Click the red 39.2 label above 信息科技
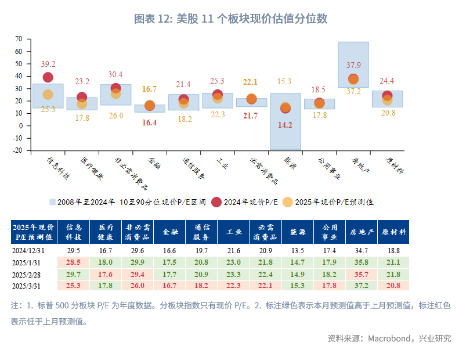click(x=48, y=64)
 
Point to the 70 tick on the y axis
click(x=19, y=39)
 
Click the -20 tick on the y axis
click(x=17, y=150)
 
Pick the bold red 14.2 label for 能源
click(x=285, y=125)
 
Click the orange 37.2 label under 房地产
click(x=354, y=91)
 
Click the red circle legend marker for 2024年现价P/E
click(x=216, y=202)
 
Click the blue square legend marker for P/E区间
click(x=52, y=202)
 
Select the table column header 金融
click(x=171, y=231)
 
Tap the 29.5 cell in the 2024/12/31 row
click(x=74, y=250)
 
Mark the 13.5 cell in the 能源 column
click(x=297, y=250)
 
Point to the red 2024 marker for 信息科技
click(x=48, y=77)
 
